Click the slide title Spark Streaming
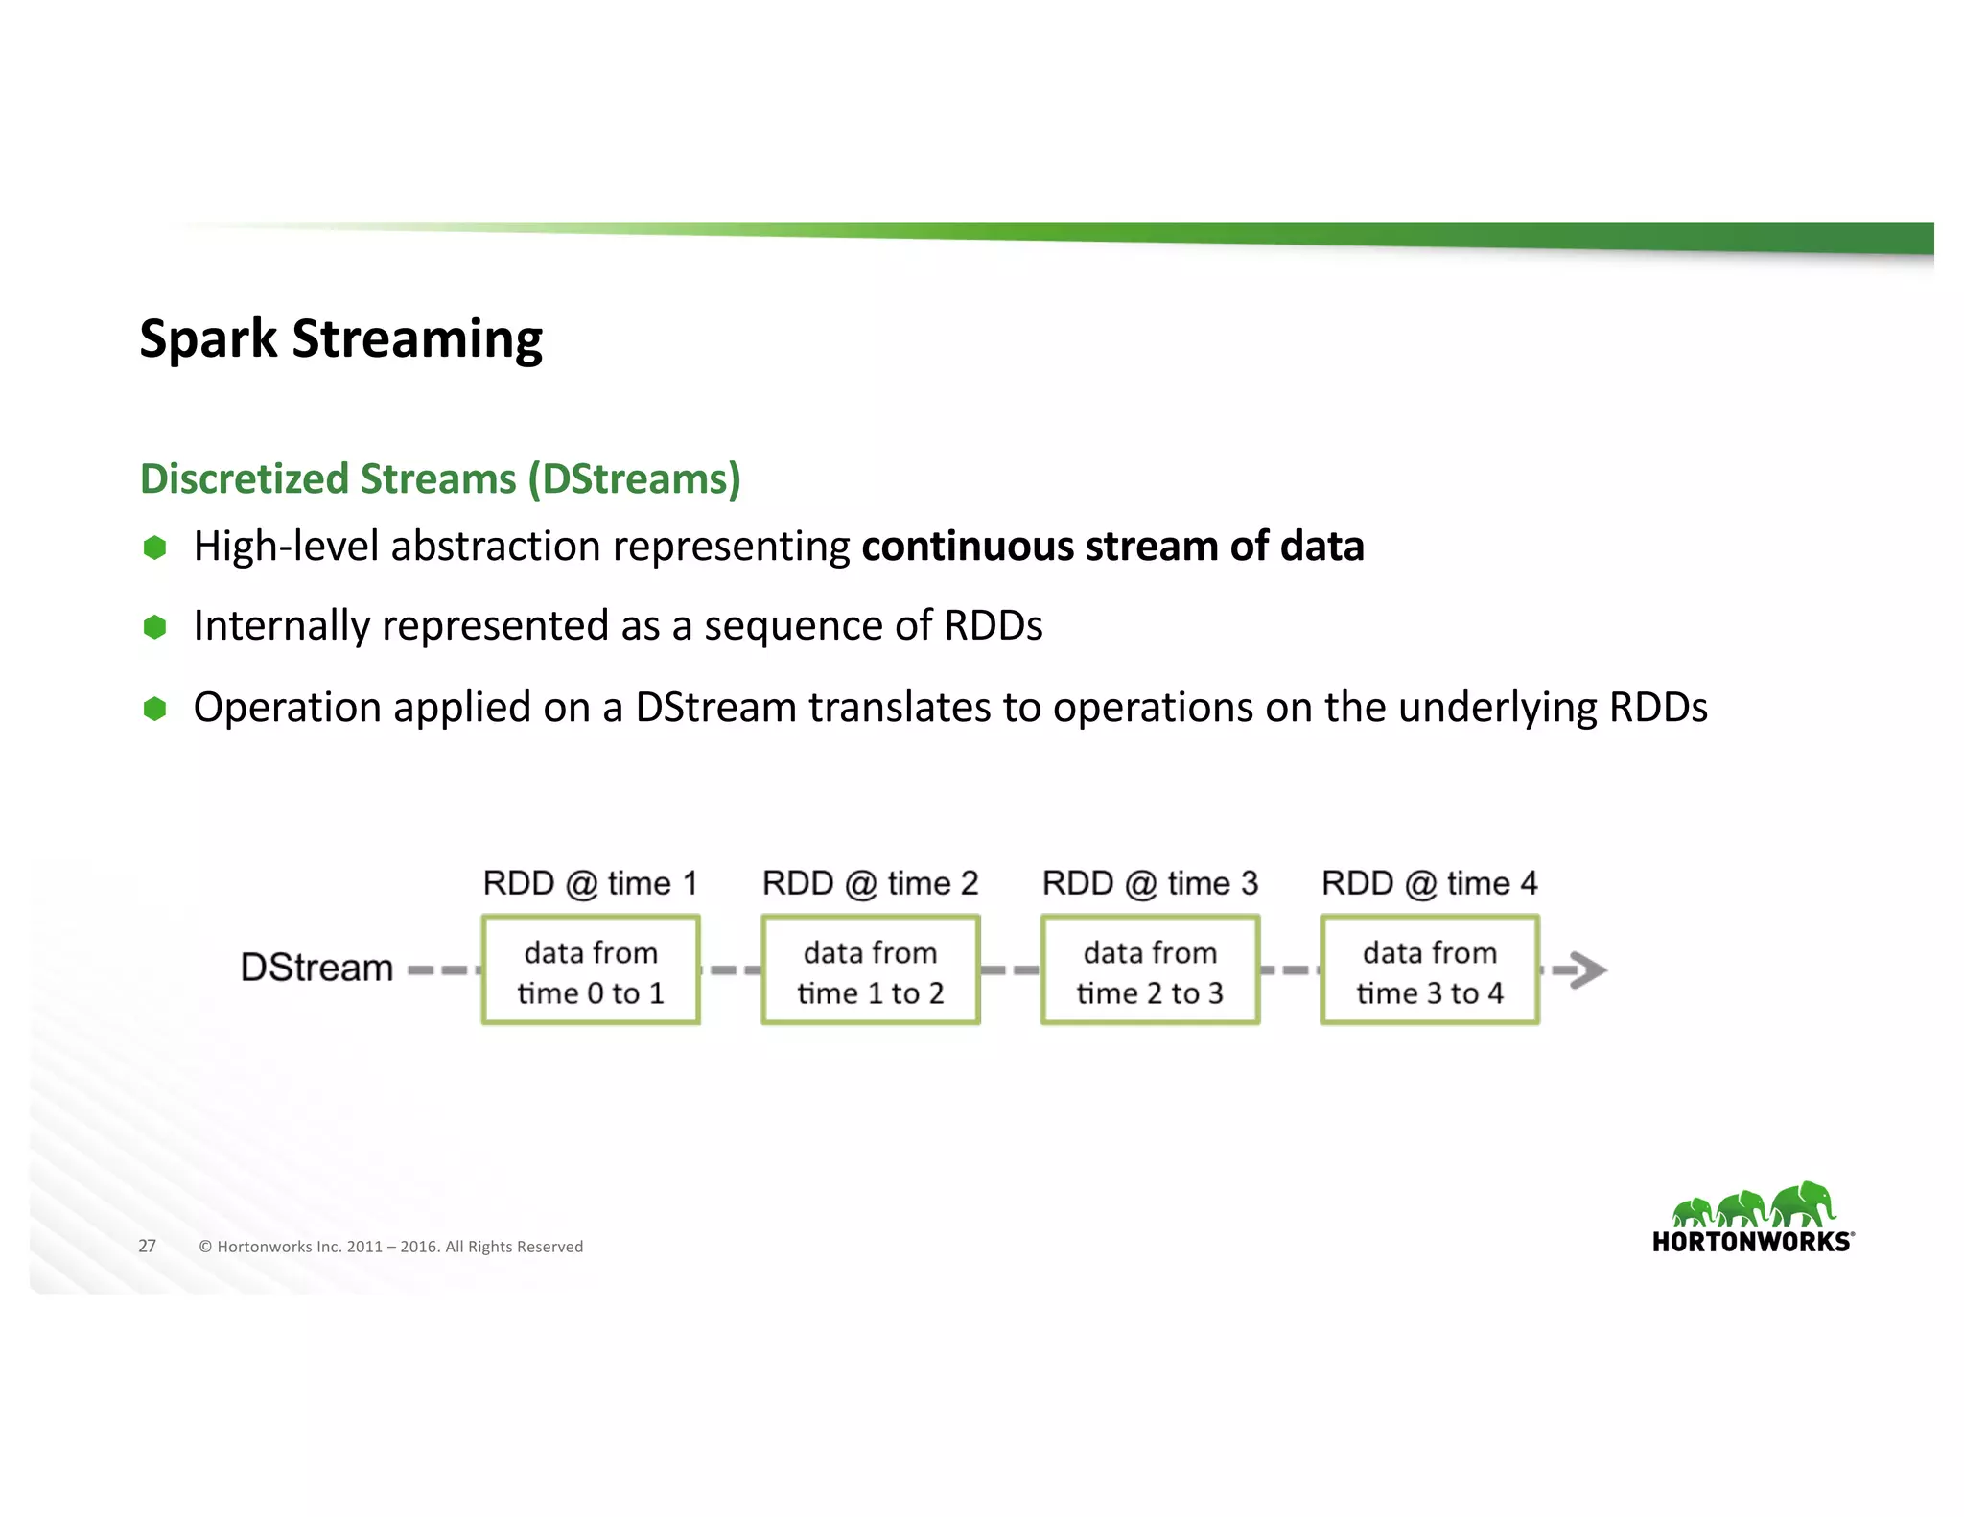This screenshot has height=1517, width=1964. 340,339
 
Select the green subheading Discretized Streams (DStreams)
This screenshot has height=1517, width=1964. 440,478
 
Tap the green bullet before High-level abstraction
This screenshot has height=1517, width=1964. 154,548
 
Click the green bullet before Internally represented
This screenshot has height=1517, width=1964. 154,627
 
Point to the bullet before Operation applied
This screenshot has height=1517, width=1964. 154,709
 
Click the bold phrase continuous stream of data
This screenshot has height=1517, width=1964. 1112,547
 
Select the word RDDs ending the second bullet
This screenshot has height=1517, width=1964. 993,626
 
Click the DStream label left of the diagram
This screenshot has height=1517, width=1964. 316,968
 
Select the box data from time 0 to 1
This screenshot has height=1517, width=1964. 591,970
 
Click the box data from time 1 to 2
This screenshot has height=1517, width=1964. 870,970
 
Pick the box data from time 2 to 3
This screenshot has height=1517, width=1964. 1150,970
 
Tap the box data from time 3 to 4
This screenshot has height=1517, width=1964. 1429,970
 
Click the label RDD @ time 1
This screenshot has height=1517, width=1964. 590,883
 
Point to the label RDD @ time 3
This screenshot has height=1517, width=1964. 1150,883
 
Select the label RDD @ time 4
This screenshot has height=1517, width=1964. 1429,883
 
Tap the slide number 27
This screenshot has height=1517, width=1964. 147,1246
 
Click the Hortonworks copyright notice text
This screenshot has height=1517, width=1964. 390,1247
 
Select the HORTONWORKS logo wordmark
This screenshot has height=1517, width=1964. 1752,1242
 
